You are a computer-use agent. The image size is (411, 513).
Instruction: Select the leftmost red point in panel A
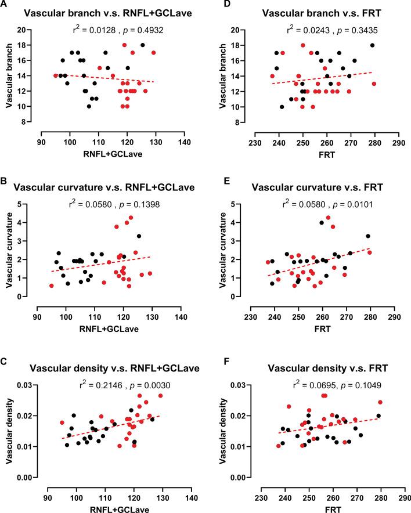coord(56,75)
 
